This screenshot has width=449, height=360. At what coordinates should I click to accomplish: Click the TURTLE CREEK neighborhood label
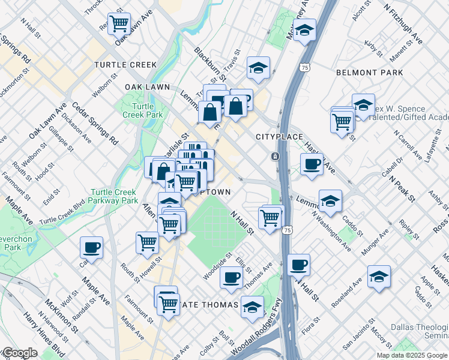click(125, 65)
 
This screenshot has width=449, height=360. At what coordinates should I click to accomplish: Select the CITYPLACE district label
click(279, 137)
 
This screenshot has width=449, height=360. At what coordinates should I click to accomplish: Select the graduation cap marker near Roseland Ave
click(379, 277)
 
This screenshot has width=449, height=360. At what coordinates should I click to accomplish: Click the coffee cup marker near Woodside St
click(231, 277)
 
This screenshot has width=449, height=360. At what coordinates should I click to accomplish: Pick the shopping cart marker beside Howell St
click(147, 243)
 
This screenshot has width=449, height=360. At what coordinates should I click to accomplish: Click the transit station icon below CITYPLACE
click(275, 157)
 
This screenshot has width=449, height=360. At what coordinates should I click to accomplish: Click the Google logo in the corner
click(19, 353)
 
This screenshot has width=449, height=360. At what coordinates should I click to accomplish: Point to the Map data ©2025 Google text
click(412, 355)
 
